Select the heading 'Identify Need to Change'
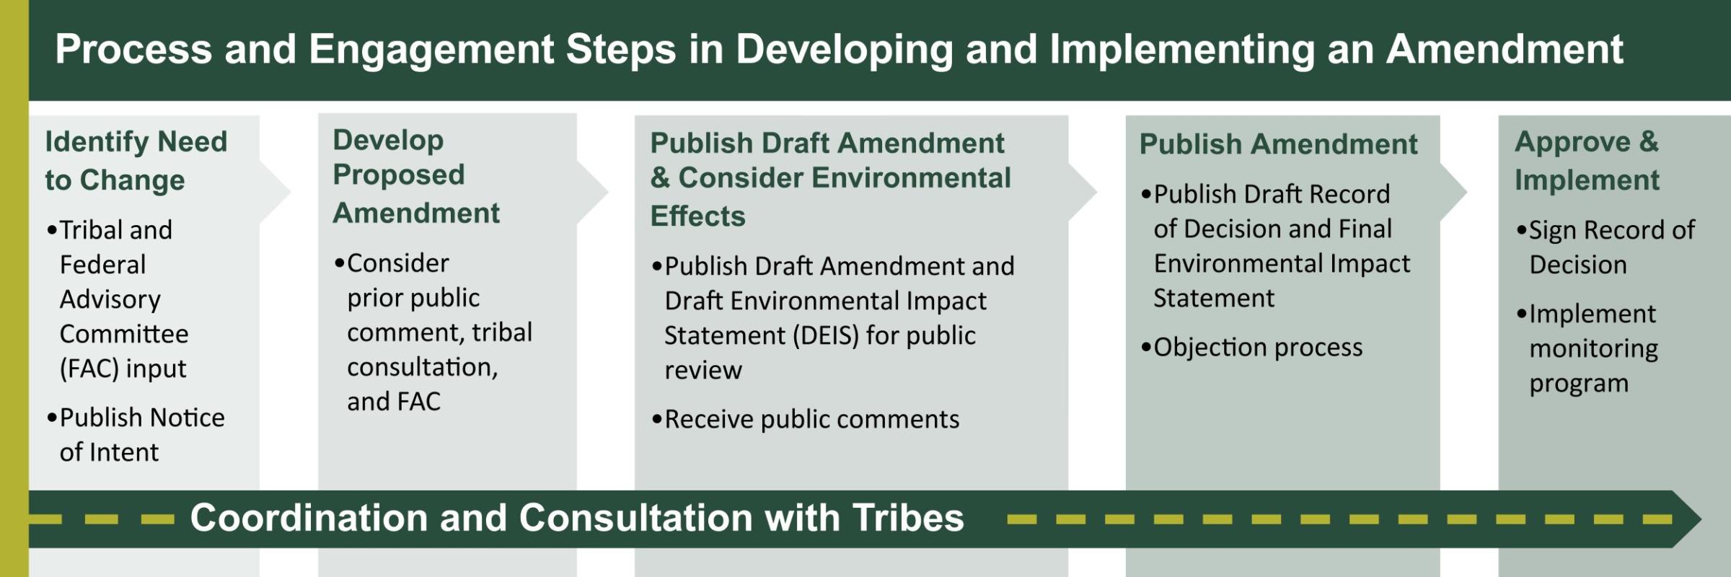pos(136,160)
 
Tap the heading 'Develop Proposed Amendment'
pos(416,177)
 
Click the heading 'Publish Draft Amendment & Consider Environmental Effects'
pos(831,179)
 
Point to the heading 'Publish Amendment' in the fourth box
pos(1279,144)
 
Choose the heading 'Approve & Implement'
pos(1587,160)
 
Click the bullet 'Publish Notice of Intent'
pos(136,435)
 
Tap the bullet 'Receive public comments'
pos(806,419)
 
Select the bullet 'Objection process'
pos(1252,348)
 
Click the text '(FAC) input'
pos(123,369)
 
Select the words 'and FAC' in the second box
pos(394,402)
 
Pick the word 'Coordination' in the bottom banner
pos(309,518)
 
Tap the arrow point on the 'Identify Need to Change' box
pos(290,192)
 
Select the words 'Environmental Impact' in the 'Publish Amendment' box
pos(1282,264)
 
